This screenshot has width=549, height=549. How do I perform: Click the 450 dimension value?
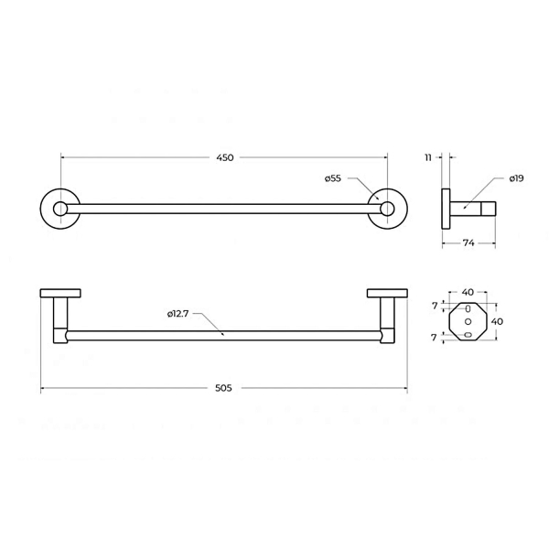tap(225, 157)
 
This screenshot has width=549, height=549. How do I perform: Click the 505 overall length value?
tap(223, 388)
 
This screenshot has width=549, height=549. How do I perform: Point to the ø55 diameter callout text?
tap(333, 178)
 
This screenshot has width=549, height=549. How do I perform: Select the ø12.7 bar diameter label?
tap(178, 314)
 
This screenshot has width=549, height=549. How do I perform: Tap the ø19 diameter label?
tap(516, 178)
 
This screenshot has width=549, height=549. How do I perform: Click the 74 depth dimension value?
tap(468, 242)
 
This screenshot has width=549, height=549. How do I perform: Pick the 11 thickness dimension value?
tap(428, 157)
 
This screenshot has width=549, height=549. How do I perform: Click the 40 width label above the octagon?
tap(468, 292)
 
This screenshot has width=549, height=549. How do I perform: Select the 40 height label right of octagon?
tap(497, 321)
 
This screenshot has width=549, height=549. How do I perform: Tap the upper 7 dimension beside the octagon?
tap(435, 306)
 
